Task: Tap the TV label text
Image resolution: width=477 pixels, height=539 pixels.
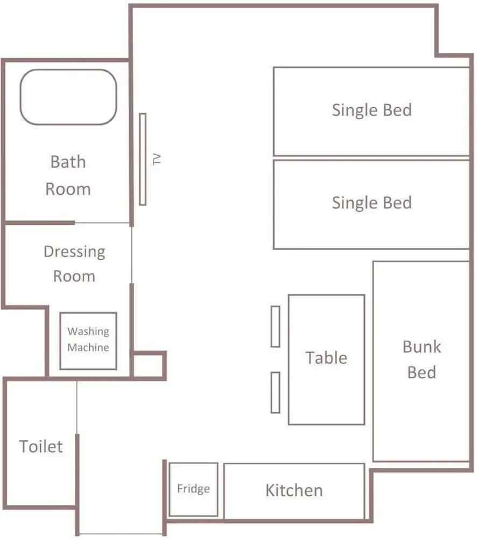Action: [157, 160]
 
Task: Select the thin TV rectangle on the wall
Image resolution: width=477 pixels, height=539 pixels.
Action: [143, 159]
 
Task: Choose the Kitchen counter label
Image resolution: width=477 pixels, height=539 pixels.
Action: [294, 490]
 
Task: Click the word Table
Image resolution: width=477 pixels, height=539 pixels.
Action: [326, 357]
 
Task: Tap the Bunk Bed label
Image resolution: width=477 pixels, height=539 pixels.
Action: [422, 360]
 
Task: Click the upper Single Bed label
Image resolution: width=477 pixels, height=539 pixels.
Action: [371, 110]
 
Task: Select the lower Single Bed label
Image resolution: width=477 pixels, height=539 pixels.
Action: [371, 203]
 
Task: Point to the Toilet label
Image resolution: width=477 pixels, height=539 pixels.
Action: [41, 446]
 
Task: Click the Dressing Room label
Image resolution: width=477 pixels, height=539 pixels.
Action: [74, 264]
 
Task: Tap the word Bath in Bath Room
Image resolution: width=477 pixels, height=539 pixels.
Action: [68, 162]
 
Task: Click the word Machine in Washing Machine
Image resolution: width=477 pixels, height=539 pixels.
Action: [88, 347]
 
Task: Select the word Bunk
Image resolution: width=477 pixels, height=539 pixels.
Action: [422, 347]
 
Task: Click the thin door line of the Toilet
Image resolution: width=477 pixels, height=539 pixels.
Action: [77, 407]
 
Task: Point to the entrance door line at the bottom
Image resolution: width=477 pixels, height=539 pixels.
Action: [121, 534]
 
